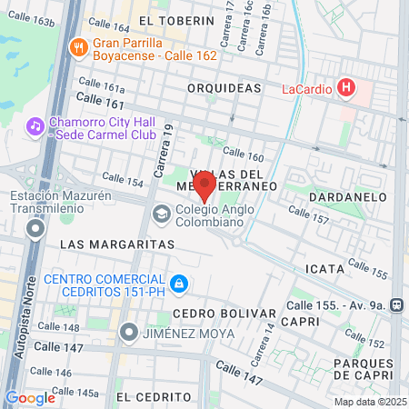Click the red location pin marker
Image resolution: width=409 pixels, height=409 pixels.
point(204,186)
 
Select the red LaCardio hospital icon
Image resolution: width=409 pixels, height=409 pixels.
point(345,88)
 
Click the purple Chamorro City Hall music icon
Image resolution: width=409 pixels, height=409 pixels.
point(35,125)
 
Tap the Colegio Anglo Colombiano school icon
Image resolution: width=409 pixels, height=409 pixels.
point(161,214)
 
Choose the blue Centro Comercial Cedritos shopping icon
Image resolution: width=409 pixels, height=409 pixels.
point(180,284)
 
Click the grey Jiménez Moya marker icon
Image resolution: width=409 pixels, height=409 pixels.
point(130,333)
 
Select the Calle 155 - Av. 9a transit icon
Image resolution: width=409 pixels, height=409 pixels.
point(396,305)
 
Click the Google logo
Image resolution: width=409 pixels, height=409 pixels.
point(30,396)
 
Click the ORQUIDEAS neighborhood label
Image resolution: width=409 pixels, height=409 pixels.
point(224,88)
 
